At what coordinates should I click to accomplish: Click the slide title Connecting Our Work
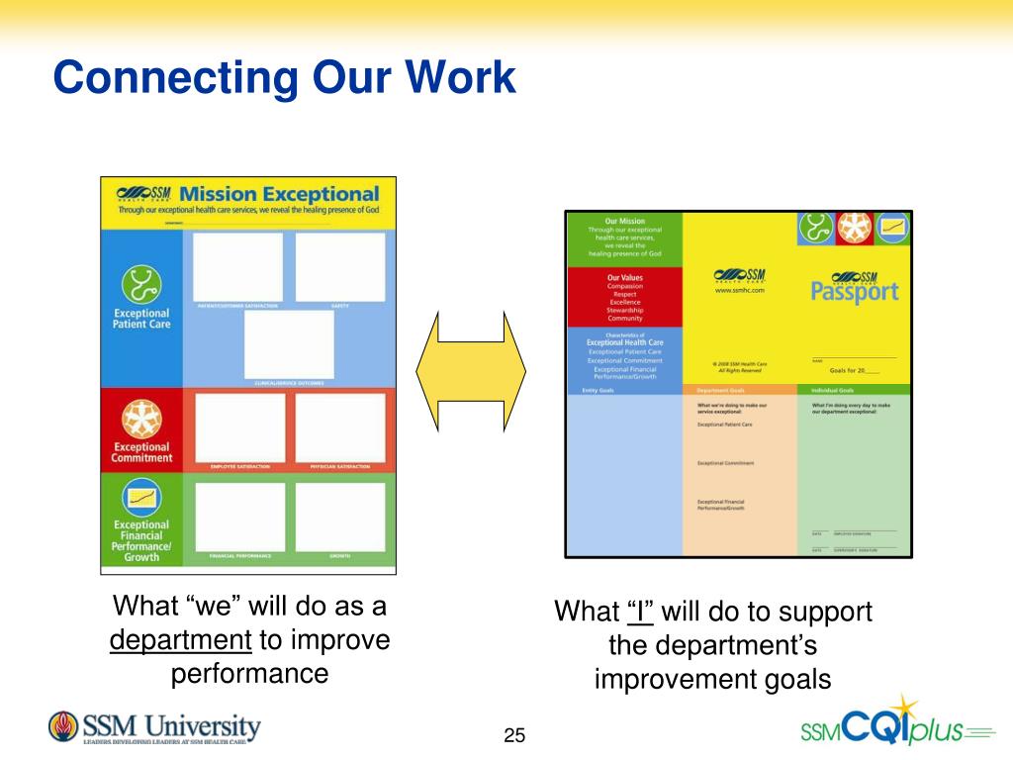tap(285, 77)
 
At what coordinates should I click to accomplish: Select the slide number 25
tap(514, 735)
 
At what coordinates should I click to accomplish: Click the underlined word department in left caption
tap(181, 640)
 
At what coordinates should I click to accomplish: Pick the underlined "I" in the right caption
tap(640, 612)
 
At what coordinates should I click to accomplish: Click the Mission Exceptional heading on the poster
tap(280, 194)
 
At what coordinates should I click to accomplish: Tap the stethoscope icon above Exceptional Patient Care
tap(141, 285)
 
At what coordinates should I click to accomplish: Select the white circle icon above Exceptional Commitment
tap(141, 420)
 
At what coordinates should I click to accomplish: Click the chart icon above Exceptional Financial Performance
tap(141, 497)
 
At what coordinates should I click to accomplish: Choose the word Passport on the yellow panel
tap(855, 292)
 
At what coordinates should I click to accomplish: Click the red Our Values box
tap(624, 297)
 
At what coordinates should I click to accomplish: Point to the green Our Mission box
tap(624, 237)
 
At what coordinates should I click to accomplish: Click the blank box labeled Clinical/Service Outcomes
tap(289, 344)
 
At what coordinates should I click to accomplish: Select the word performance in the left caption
tap(249, 675)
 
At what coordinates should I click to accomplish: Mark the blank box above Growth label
tap(340, 516)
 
